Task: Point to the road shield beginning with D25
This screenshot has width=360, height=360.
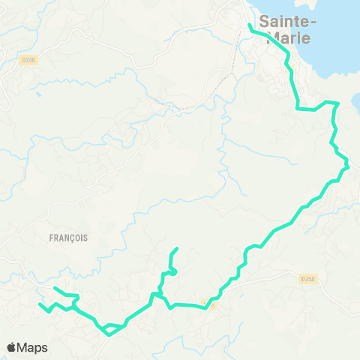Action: click(307, 279)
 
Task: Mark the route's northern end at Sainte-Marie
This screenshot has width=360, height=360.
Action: click(249, 25)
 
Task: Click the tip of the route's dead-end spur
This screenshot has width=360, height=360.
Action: click(177, 248)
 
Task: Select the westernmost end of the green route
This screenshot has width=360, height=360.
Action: click(40, 304)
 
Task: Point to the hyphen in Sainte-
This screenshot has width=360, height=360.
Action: click(313, 22)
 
